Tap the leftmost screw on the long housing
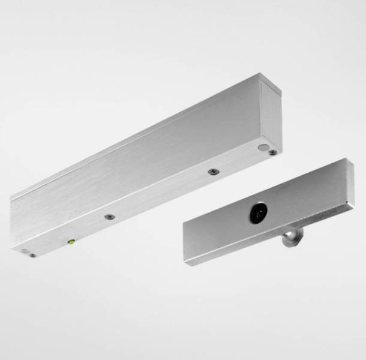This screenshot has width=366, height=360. [x=32, y=254]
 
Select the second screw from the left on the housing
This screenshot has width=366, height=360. [x=109, y=217]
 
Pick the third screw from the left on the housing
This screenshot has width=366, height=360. [x=212, y=172]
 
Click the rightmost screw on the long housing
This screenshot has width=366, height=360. [x=272, y=152]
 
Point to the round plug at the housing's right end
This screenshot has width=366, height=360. [x=263, y=147]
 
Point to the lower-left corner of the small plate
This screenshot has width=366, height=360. [x=187, y=265]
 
